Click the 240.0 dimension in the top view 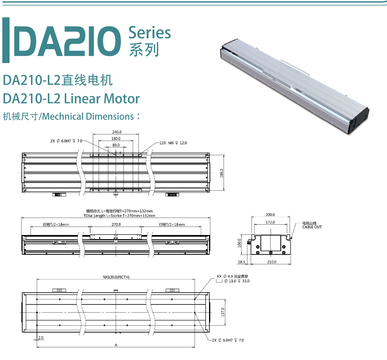tap(117, 132)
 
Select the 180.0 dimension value tap(116, 139)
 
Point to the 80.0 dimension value tap(116, 145)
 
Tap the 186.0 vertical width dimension tap(222, 173)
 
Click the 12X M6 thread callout tap(173, 143)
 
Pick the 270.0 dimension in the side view tap(116, 224)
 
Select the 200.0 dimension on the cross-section tap(270, 215)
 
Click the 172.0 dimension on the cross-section tap(270, 222)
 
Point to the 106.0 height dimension tap(239, 243)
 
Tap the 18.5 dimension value tap(241, 262)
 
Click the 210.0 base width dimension tap(272, 262)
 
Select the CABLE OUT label tap(312, 227)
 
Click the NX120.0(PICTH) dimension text tap(116, 277)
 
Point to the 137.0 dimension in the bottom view tap(223, 312)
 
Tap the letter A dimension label tap(116, 345)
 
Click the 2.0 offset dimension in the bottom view tap(41, 338)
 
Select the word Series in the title tap(149, 33)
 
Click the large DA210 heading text tap(67, 41)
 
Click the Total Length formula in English tap(119, 216)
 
